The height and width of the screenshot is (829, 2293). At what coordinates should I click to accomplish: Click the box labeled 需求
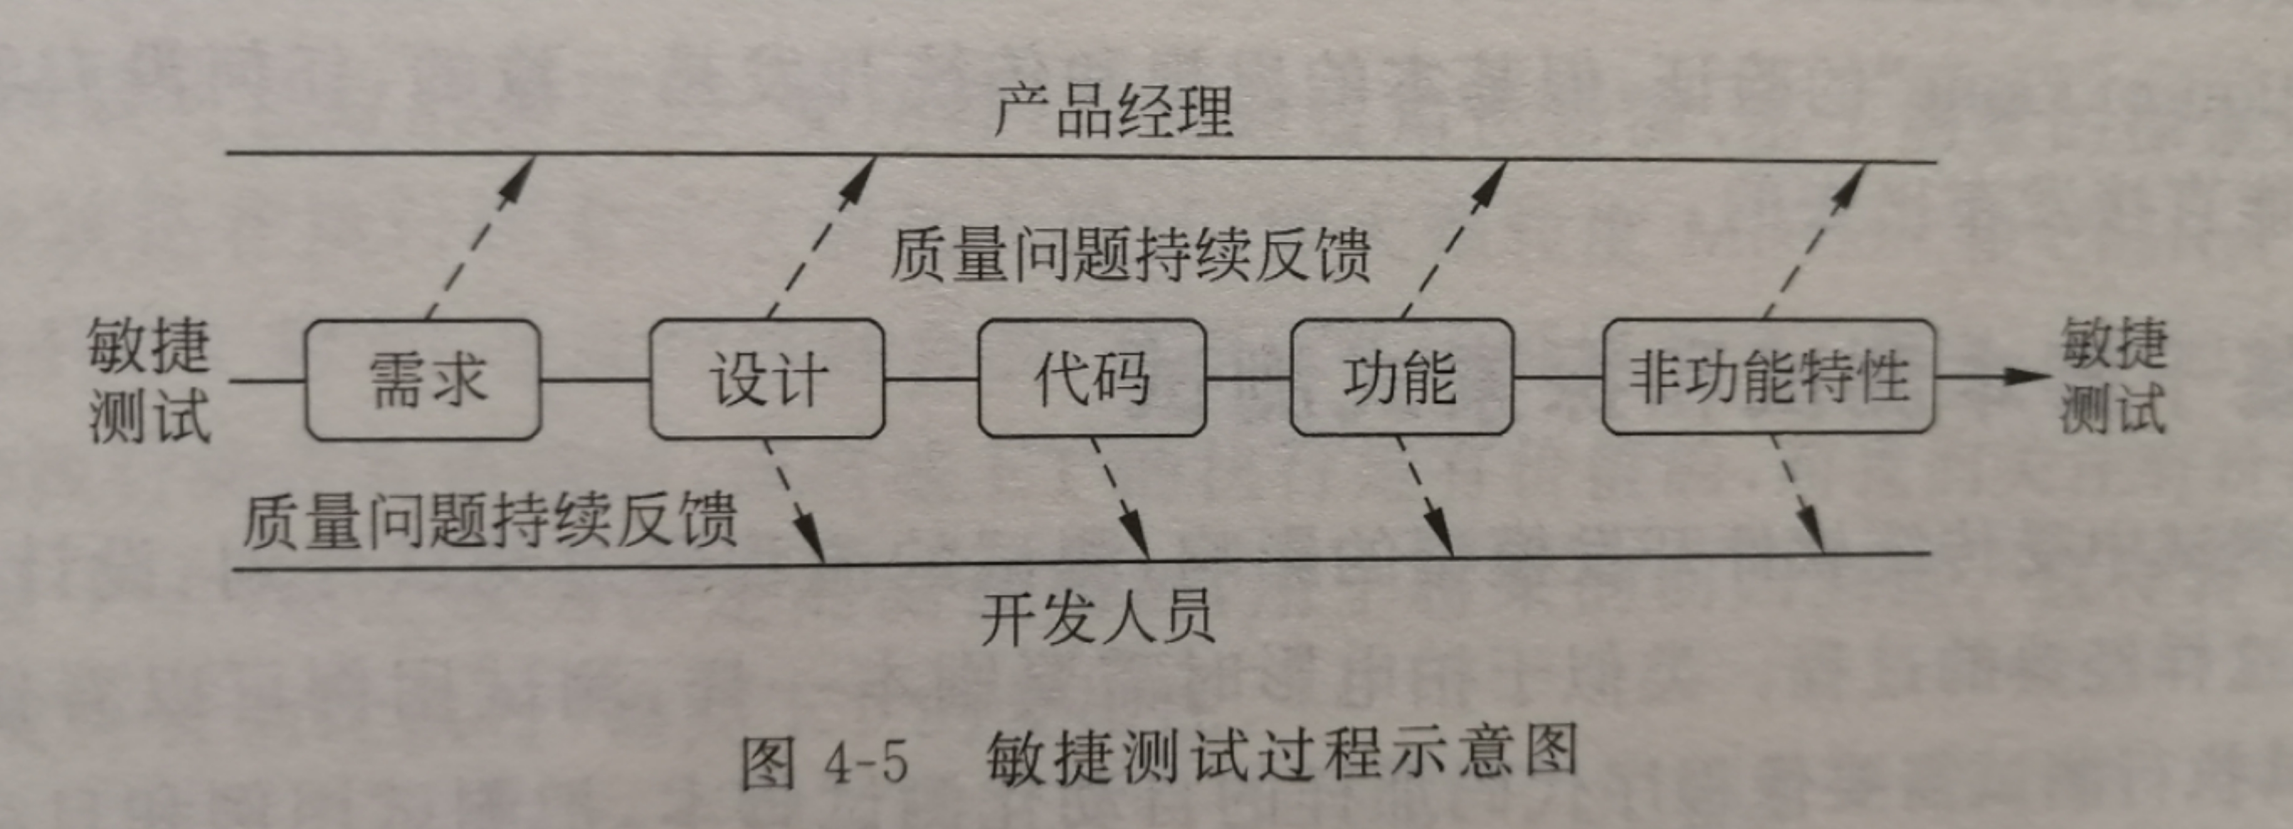click(424, 380)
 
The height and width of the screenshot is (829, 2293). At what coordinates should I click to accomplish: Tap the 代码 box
click(1091, 378)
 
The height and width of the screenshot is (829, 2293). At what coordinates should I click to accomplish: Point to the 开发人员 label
click(1098, 617)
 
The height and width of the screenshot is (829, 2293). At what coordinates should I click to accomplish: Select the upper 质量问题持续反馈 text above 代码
click(1130, 255)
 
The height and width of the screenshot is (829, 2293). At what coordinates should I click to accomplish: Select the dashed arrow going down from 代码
click(1120, 498)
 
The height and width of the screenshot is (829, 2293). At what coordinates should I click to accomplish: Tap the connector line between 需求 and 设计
click(595, 380)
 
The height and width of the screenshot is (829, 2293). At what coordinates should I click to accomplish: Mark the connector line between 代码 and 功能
click(1248, 378)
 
